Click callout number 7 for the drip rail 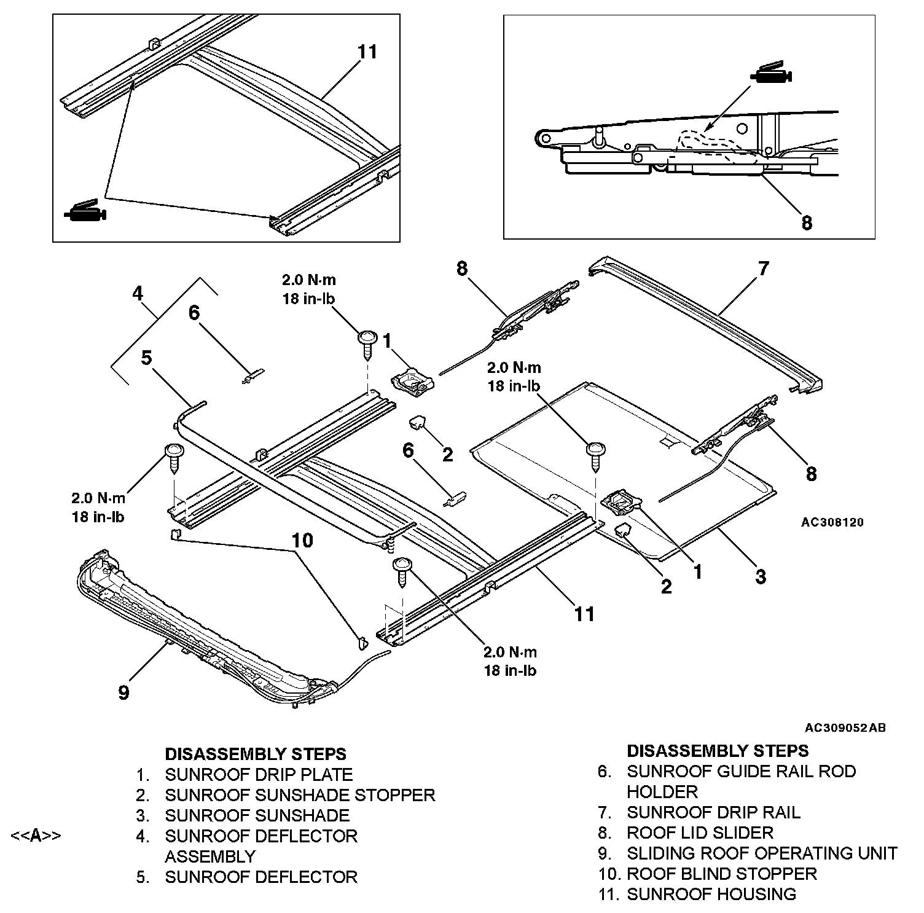[x=763, y=268]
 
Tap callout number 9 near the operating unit [x=123, y=692]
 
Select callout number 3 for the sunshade [x=761, y=576]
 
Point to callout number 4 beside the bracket [x=138, y=294]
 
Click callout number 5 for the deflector [x=146, y=358]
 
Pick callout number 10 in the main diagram [x=302, y=541]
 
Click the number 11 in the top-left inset [x=367, y=52]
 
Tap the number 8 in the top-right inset [x=807, y=222]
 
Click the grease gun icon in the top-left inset [x=85, y=211]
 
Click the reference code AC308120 [x=832, y=523]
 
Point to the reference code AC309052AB [x=845, y=728]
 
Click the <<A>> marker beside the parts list [x=36, y=836]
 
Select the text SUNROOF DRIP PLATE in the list [x=259, y=775]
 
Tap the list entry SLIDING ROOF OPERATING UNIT [x=762, y=853]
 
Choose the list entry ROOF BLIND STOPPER [x=721, y=874]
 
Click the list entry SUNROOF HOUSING [x=711, y=894]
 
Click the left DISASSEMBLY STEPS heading [x=256, y=754]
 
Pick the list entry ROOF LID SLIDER [x=700, y=833]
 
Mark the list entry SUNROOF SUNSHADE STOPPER [x=300, y=795]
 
